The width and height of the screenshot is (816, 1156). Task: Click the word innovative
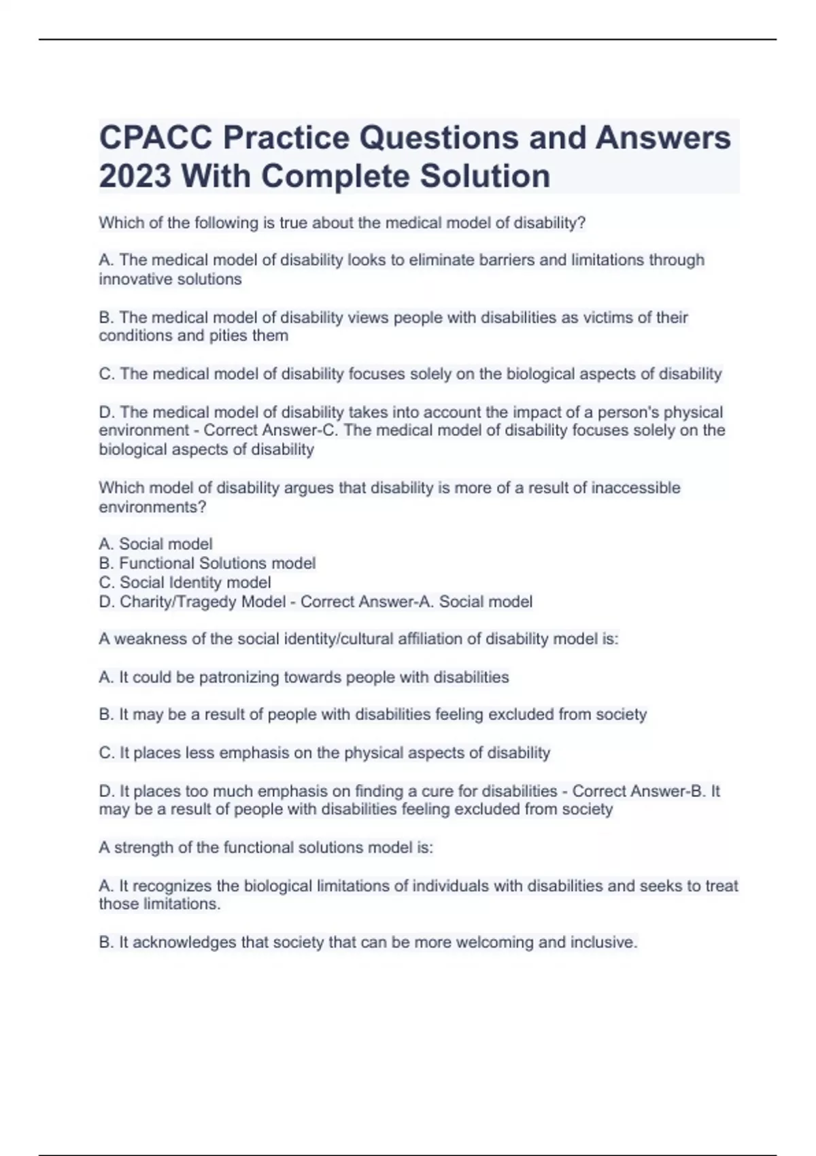(x=134, y=279)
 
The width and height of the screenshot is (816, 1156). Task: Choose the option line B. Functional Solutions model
(x=207, y=564)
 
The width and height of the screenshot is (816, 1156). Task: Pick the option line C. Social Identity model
(x=185, y=583)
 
